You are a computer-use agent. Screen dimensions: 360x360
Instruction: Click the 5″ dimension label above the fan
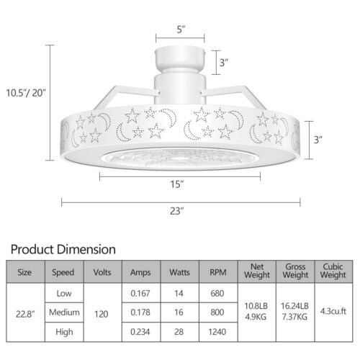coord(180,30)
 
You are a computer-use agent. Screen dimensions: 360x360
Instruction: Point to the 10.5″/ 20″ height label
coord(25,92)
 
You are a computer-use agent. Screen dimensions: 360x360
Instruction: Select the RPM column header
coord(217,273)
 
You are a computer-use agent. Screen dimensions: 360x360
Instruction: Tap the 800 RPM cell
coord(217,314)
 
